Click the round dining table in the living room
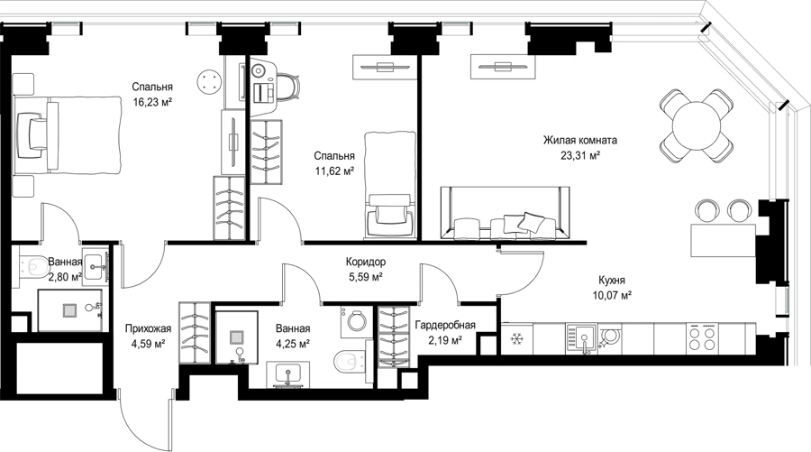[697, 125]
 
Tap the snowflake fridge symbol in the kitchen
[515, 339]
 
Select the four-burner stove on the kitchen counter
[702, 338]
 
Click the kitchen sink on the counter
[582, 338]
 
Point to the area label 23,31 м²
[579, 155]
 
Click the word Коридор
[366, 262]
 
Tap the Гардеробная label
[445, 325]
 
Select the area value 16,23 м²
[152, 101]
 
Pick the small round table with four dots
[209, 81]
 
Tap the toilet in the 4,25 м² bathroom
[351, 362]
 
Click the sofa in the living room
[505, 213]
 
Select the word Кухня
[612, 280]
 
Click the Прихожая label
[148, 328]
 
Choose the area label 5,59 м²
[366, 277]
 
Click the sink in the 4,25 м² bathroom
[288, 374]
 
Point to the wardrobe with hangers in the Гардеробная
[394, 337]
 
